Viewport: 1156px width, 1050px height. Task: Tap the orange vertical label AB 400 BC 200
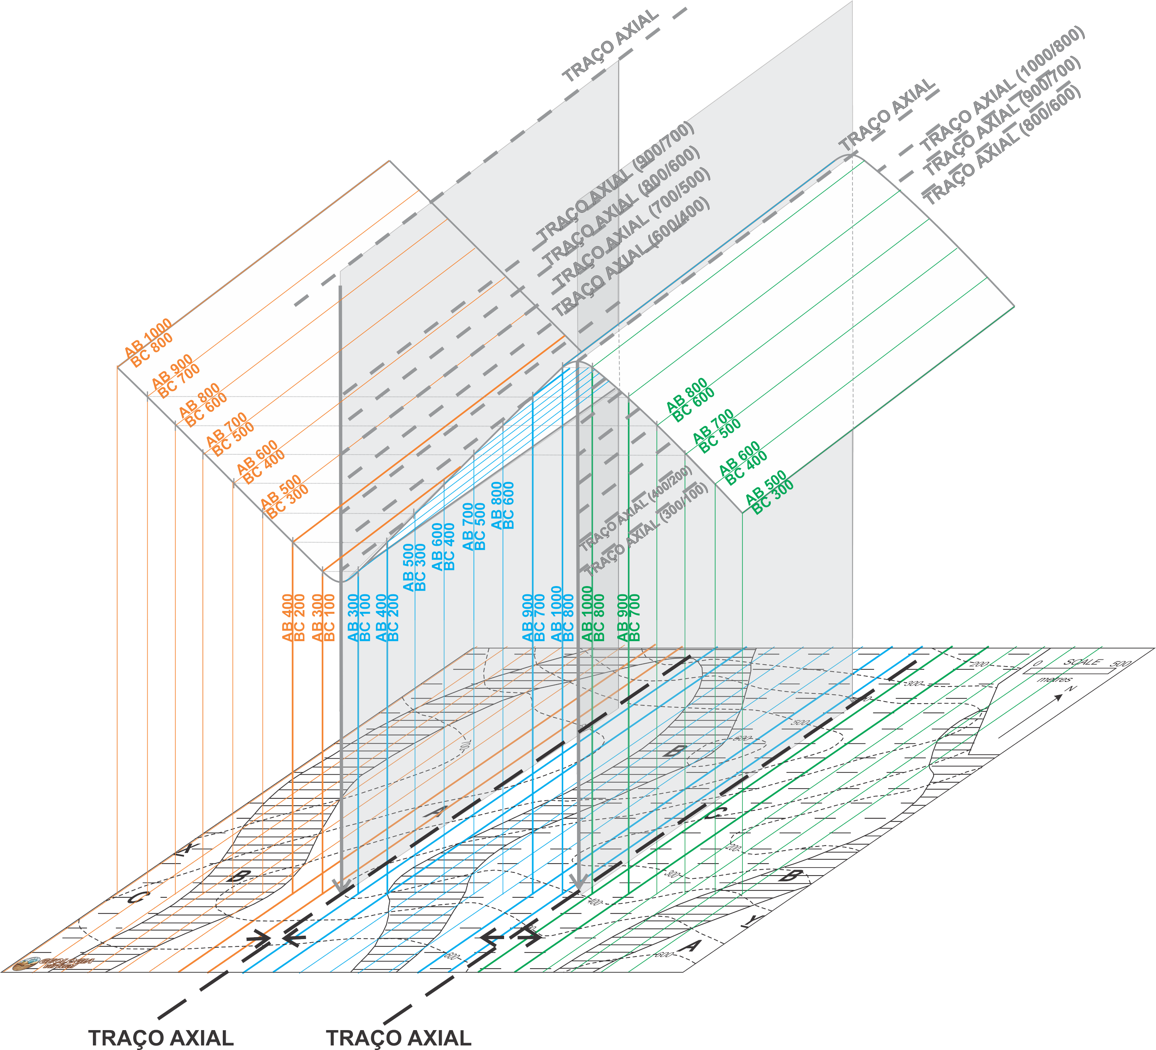293,618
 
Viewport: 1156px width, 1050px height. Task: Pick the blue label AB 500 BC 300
414,567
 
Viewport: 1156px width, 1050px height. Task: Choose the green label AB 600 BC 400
743,463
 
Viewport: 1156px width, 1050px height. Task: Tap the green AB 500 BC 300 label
769,493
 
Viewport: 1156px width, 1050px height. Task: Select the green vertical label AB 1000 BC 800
593,614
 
